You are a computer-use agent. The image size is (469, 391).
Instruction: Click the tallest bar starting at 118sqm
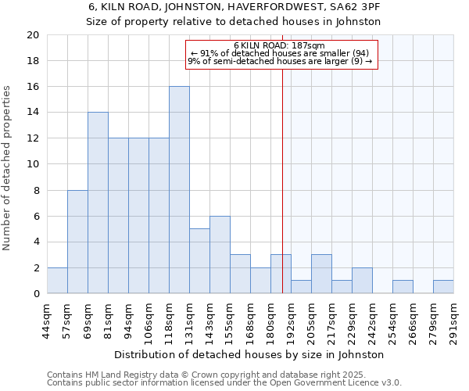pyautogui.click(x=179, y=190)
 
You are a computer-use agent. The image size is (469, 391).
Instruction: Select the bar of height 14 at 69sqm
pyautogui.click(x=98, y=203)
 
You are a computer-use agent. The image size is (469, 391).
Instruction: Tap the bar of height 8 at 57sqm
pyautogui.click(x=77, y=242)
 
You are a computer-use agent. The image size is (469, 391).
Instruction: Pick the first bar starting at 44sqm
pyautogui.click(x=57, y=281)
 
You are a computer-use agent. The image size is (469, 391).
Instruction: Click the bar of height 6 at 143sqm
pyautogui.click(x=220, y=255)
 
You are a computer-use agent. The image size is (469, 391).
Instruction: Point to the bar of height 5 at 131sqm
pyautogui.click(x=199, y=261)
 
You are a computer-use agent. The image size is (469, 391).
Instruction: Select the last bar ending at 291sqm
pyautogui.click(x=443, y=287)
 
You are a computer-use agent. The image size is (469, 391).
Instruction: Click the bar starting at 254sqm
pyautogui.click(x=403, y=287)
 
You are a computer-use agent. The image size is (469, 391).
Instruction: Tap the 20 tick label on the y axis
pyautogui.click(x=32, y=35)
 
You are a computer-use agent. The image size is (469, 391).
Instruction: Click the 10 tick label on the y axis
pyautogui.click(x=32, y=164)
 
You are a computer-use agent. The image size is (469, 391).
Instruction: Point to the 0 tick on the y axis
pyautogui.click(x=36, y=294)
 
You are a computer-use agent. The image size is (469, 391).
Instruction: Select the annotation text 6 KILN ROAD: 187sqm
pyautogui.click(x=279, y=45)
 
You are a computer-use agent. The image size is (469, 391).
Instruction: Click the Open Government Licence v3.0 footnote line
pyautogui.click(x=224, y=383)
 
